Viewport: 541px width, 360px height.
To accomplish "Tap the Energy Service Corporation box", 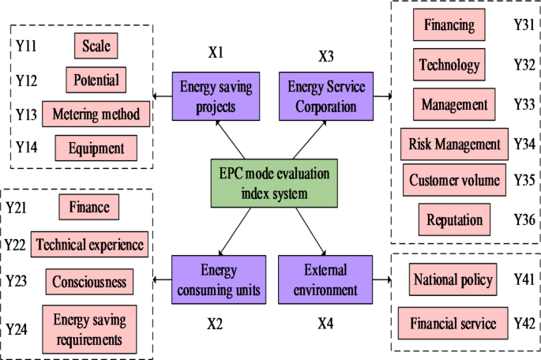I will coord(328,96).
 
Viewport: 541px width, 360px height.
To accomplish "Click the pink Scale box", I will coord(96,46).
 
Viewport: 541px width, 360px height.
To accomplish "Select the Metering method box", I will coord(96,114).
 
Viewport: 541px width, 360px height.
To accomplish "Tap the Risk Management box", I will coord(453,144).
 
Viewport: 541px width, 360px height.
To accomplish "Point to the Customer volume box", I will coord(454,180).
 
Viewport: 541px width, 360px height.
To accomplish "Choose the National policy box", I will coord(454,279).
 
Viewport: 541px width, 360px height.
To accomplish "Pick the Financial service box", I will coord(454,323).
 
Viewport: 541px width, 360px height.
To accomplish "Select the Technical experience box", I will coord(90,245).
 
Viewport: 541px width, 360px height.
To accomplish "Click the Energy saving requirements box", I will coord(90,329).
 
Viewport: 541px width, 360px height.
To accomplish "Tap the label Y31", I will coord(521,25).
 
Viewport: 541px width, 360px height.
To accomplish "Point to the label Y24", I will coord(19,328).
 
